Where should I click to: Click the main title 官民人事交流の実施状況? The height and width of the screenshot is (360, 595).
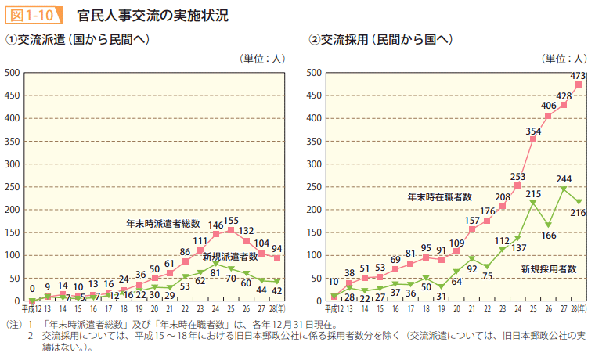(x=153, y=15)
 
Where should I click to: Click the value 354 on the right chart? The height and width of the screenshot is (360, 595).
(x=533, y=131)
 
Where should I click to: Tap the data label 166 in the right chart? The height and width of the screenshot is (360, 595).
(x=548, y=236)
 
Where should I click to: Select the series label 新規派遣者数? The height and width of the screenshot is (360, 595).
(x=230, y=256)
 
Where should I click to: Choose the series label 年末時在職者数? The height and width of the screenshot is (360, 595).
(x=439, y=196)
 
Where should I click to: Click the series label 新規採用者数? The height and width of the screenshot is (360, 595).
(x=548, y=268)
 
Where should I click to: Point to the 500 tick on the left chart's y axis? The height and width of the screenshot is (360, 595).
(x=12, y=73)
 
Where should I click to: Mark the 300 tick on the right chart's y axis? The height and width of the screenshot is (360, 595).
(x=313, y=164)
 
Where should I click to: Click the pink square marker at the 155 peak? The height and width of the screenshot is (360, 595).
(x=230, y=230)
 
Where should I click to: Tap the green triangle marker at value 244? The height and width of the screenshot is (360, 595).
(x=563, y=189)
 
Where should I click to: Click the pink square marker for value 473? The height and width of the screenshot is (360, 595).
(x=579, y=85)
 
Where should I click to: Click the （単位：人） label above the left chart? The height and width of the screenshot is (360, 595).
(x=262, y=58)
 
